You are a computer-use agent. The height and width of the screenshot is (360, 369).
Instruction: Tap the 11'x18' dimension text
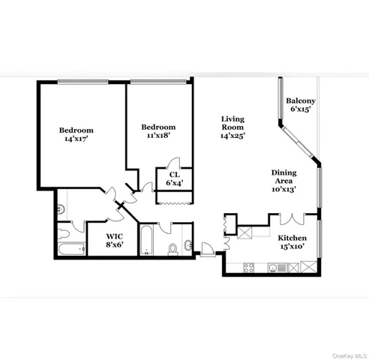click(158, 136)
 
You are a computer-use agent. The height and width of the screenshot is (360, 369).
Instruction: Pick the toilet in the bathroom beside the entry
click(172, 248)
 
